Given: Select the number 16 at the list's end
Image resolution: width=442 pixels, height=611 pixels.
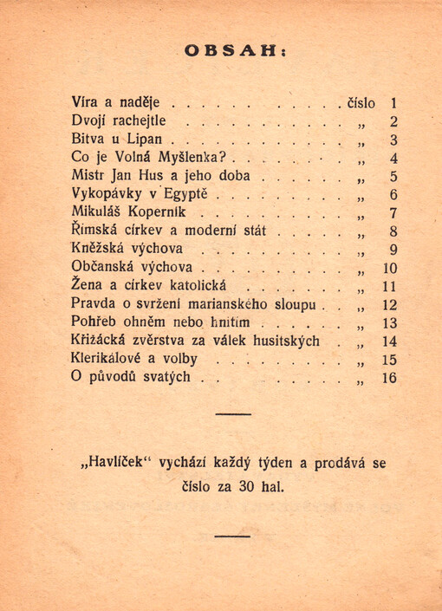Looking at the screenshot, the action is (x=387, y=378).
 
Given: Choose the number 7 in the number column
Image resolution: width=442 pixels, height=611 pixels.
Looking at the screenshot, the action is (x=392, y=213).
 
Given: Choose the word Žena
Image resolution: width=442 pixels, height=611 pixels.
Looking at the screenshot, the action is (x=88, y=286).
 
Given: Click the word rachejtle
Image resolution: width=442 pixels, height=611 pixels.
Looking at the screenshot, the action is (x=138, y=121).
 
